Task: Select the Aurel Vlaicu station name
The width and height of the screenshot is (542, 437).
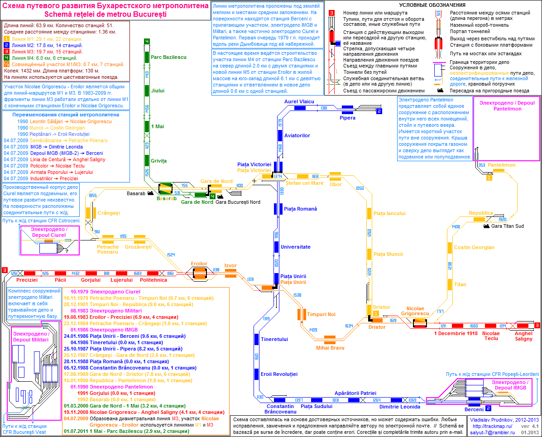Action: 299,101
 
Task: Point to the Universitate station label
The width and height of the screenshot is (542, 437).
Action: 295,247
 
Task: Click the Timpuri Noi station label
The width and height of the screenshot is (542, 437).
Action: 321,314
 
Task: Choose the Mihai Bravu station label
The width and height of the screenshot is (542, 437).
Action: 330,348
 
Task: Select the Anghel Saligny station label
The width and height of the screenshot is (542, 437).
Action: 524,336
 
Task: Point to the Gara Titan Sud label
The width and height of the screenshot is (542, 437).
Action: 507,226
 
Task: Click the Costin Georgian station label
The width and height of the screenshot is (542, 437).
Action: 474,247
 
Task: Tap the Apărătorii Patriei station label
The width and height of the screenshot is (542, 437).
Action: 355,393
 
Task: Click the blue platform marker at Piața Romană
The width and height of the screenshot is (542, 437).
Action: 276,209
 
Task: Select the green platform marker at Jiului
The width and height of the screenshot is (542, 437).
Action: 147,91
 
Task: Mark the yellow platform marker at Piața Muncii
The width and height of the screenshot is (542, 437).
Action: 369,254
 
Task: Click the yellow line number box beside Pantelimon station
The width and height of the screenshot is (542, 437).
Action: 489,178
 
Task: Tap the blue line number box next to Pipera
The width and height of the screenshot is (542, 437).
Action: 379,111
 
